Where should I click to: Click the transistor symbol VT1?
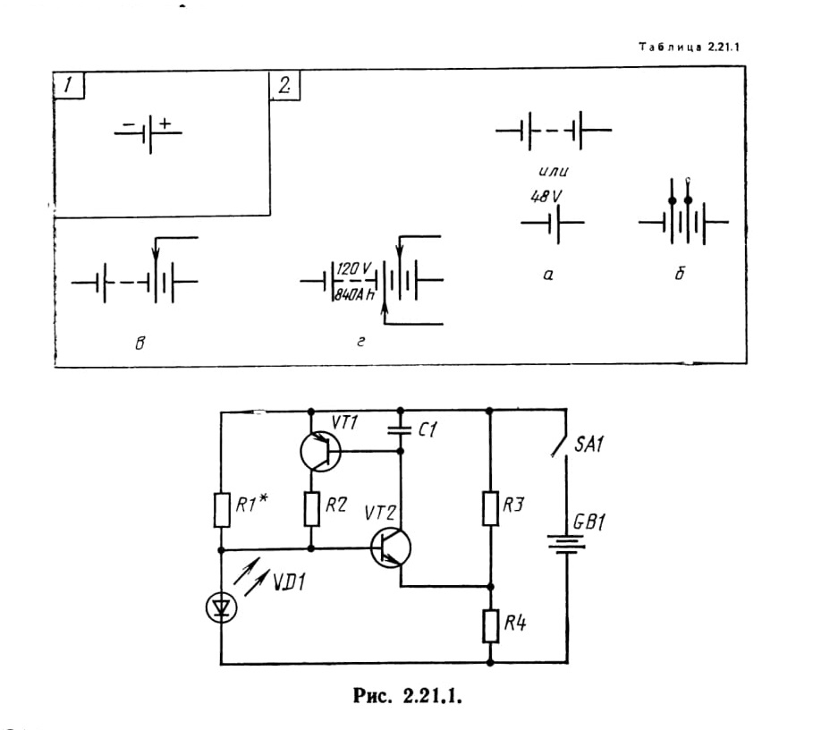[x=320, y=452]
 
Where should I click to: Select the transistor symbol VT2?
[x=391, y=548]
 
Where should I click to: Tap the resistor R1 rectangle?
[x=222, y=510]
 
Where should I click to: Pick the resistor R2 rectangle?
[x=311, y=509]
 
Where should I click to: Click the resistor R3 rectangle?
[x=490, y=509]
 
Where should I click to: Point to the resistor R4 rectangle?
[x=490, y=626]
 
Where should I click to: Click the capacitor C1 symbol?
[x=400, y=429]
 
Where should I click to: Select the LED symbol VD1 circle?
[x=222, y=607]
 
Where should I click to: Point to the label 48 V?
[x=546, y=197]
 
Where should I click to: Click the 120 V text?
[x=353, y=268]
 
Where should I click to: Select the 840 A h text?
[x=354, y=294]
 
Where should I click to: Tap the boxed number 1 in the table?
[x=68, y=85]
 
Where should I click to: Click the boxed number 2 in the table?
[x=284, y=85]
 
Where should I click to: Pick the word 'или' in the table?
[x=554, y=172]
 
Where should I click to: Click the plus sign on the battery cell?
[x=165, y=123]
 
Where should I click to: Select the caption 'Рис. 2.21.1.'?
[x=408, y=695]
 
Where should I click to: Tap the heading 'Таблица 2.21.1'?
[x=689, y=47]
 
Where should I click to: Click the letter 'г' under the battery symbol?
[x=360, y=342]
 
